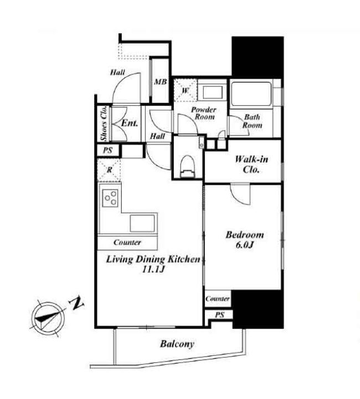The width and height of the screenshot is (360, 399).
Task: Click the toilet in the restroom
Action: click(x=187, y=166)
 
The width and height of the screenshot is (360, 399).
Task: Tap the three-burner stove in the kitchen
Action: click(x=111, y=198)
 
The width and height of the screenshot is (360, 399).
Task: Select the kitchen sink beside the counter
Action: click(x=142, y=223)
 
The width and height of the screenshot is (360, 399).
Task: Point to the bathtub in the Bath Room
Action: click(x=251, y=94)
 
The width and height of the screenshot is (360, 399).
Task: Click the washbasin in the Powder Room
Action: click(x=213, y=93)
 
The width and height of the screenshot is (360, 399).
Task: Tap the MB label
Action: click(x=161, y=81)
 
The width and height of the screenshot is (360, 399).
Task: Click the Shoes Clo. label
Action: click(x=104, y=124)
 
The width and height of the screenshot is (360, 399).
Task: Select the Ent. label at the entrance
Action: click(x=130, y=124)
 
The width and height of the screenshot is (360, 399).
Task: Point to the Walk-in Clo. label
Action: click(x=251, y=164)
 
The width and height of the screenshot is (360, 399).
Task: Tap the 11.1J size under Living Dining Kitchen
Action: click(x=153, y=269)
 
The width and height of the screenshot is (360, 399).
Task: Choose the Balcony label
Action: click(x=177, y=344)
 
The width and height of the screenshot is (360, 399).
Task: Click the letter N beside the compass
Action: click(x=76, y=303)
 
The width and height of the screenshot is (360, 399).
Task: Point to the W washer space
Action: click(x=186, y=90)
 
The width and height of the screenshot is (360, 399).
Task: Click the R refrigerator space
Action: click(x=109, y=170)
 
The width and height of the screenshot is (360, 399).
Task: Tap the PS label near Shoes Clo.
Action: click(x=107, y=150)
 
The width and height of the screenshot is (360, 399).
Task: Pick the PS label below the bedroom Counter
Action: click(x=220, y=315)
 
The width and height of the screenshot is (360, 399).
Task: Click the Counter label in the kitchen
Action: click(x=127, y=242)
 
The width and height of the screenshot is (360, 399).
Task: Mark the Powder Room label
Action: click(x=203, y=113)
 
